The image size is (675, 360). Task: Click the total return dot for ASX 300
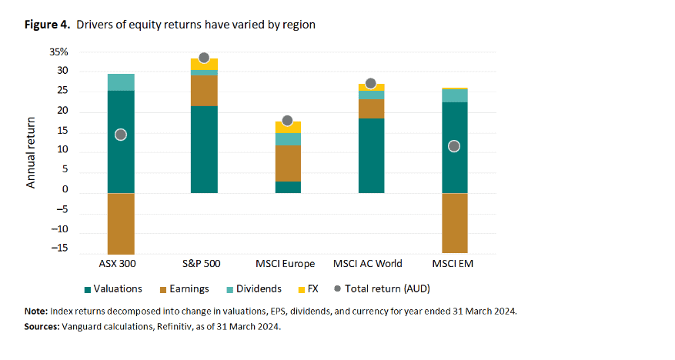click(x=121, y=135)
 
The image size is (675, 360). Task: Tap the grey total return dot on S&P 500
click(x=204, y=58)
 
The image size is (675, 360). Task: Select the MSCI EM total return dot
click(x=454, y=146)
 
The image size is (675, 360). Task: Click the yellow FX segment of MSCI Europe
click(x=288, y=128)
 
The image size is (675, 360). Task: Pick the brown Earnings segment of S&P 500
click(x=204, y=91)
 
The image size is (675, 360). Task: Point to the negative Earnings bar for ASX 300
click(x=121, y=224)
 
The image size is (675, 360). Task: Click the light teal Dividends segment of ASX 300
click(x=121, y=82)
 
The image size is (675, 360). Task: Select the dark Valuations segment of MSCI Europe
click(x=288, y=187)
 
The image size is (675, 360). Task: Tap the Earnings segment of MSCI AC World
click(x=371, y=108)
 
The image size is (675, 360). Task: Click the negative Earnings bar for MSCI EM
click(x=455, y=223)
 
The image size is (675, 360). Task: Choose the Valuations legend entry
click(x=113, y=289)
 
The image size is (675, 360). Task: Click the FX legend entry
click(x=308, y=289)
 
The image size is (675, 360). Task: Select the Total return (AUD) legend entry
click(x=383, y=289)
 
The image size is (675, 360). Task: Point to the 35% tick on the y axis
click(x=59, y=52)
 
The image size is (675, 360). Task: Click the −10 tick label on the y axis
click(x=59, y=228)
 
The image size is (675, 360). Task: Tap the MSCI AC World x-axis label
click(x=368, y=264)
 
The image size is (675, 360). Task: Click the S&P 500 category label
click(x=202, y=264)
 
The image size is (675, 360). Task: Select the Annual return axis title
click(x=31, y=152)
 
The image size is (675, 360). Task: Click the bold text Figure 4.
click(x=47, y=25)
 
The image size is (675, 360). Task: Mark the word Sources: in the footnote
click(x=42, y=326)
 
